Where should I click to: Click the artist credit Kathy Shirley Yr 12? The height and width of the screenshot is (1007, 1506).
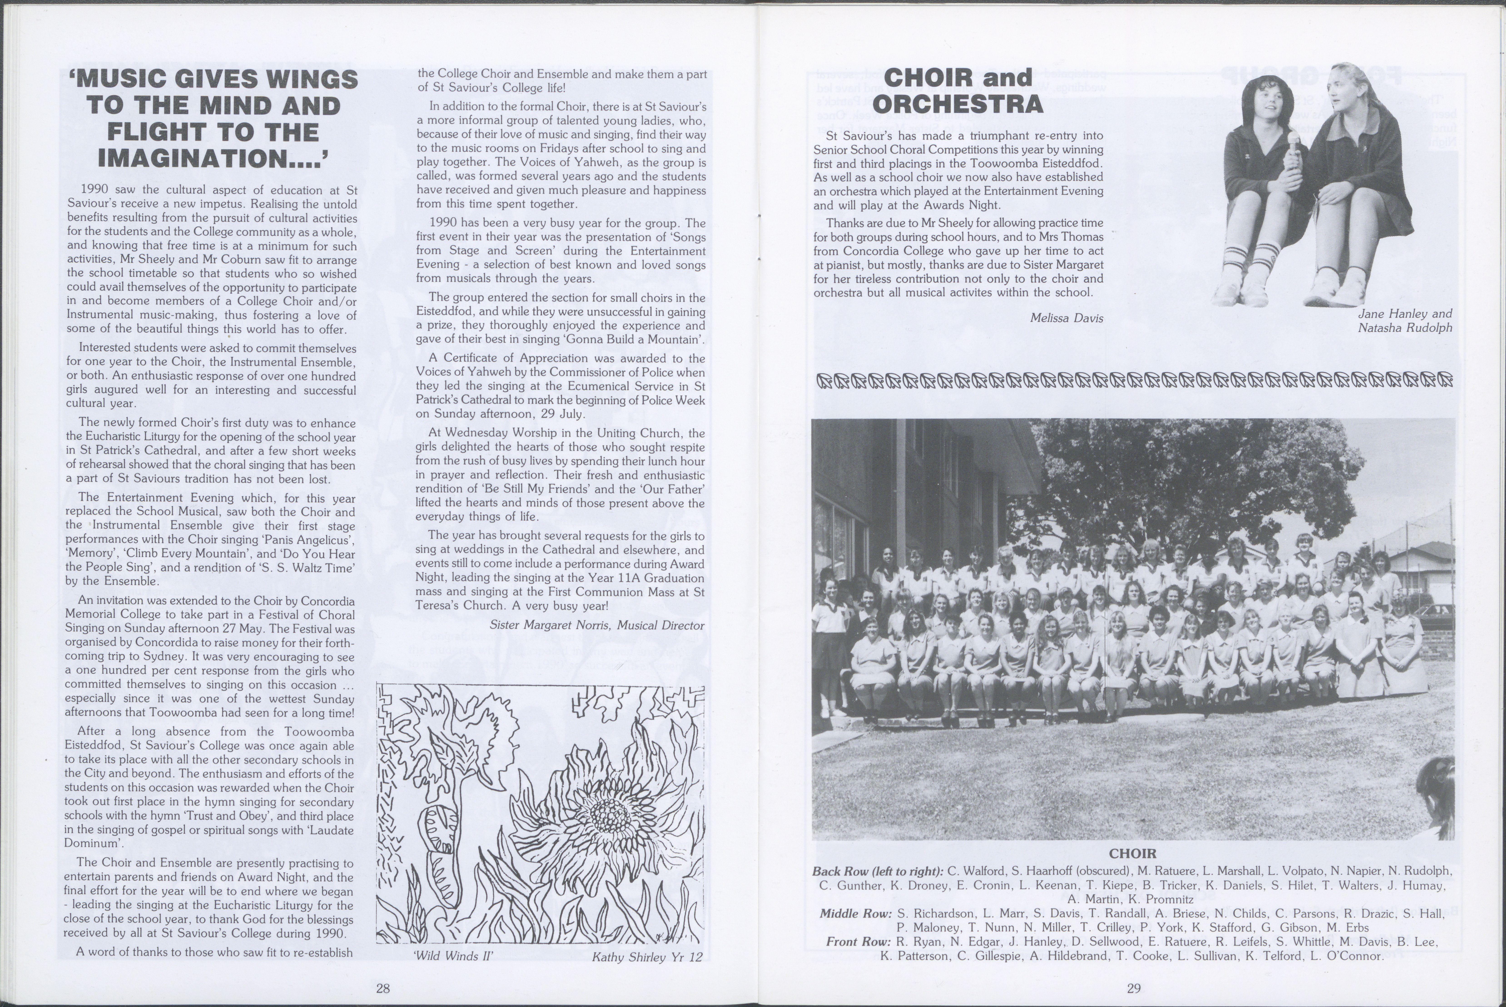[x=647, y=957]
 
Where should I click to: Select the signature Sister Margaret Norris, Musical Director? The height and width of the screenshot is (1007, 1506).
[x=597, y=625]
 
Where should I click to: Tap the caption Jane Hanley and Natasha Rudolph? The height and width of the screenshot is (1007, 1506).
[x=1404, y=320]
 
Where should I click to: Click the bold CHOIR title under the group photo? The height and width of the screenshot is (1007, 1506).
[x=1133, y=854]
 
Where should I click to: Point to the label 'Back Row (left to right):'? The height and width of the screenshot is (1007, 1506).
[x=877, y=871]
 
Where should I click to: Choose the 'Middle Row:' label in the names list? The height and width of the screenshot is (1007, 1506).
[x=856, y=913]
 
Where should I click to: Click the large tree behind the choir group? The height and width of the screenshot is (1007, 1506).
[x=1188, y=475]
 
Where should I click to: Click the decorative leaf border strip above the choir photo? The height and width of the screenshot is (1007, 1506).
[x=1134, y=380]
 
